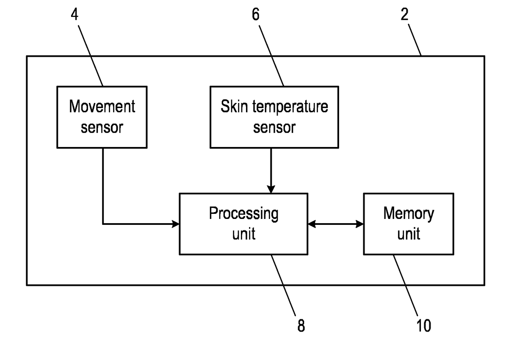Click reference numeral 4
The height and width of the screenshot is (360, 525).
pos(75,14)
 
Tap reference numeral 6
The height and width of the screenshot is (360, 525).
pos(256,14)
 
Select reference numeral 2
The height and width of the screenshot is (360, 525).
pos(404,14)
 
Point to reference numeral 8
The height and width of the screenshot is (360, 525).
pos(301,326)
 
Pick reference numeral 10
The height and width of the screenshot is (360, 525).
pos(424,326)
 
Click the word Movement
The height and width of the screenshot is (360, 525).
pos(102,106)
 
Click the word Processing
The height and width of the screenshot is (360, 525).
pos(244,214)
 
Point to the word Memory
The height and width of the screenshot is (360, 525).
pos(409,214)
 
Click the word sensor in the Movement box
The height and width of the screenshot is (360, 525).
pos(102,127)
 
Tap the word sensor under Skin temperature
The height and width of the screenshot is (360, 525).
pos(274,127)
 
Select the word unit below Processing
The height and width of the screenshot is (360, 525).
pos(244,234)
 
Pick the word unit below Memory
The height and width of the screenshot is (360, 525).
pos(409,234)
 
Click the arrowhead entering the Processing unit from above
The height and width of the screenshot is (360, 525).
pos(271,189)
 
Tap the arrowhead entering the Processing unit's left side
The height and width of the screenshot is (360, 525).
pos(176,224)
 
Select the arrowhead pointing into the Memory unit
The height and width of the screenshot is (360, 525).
pos(360,224)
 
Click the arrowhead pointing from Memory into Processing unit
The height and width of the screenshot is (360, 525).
pos(312,224)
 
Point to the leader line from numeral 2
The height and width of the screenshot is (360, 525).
pos(414,40)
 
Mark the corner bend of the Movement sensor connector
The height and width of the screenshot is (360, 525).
pos(103,224)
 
